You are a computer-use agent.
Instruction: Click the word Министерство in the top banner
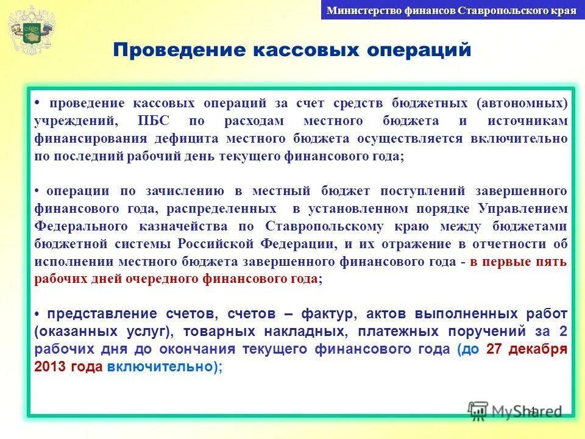pyautogui.click(x=356, y=10)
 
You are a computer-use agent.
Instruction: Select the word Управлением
pyautogui.click(x=522, y=209)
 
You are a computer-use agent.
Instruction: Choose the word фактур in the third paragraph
pyautogui.click(x=330, y=314)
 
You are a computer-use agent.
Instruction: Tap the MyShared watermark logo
pyautogui.click(x=514, y=411)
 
